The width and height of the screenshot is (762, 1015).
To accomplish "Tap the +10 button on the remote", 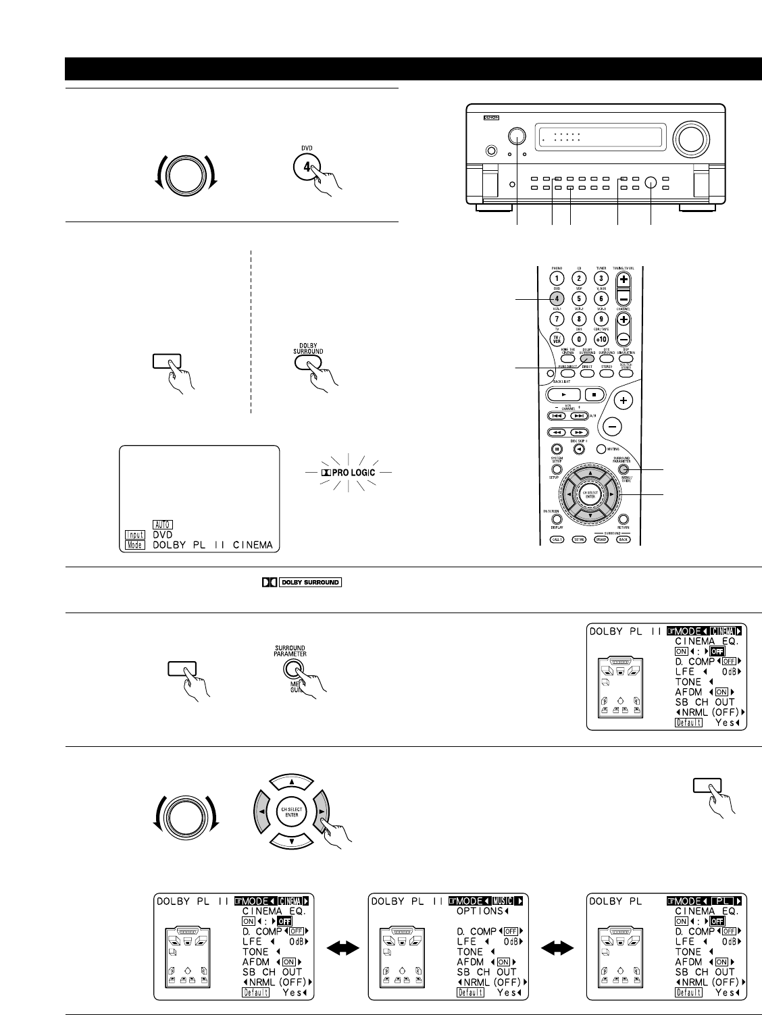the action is pos(601,338).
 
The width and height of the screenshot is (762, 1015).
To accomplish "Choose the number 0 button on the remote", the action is pos(578,338).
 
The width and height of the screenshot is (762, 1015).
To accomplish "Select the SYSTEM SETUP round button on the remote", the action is pos(557,468).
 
